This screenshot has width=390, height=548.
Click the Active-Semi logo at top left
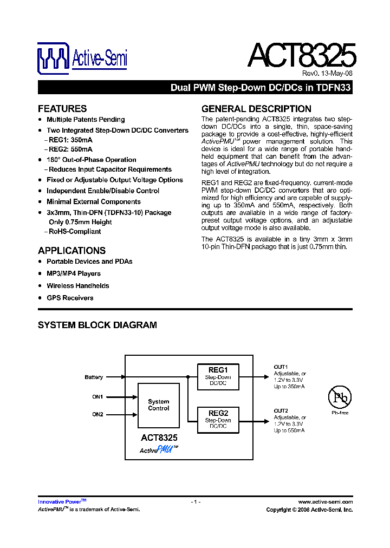tap(82, 58)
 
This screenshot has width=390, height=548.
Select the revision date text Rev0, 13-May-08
tap(327, 74)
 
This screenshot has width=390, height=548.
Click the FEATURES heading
tap(62, 108)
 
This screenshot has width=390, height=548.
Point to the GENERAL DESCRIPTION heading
tap(256, 108)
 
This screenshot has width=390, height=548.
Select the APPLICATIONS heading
tap(71, 251)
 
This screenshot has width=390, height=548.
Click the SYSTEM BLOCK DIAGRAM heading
tap(97, 325)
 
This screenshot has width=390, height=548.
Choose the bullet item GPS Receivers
tap(70, 298)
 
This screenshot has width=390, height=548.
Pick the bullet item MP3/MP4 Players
tap(74, 273)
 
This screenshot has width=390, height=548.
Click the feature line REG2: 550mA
tap(70, 149)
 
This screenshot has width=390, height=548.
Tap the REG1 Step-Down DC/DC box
tap(218, 377)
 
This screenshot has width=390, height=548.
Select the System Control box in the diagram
tap(159, 405)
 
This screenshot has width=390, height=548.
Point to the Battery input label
tap(94, 377)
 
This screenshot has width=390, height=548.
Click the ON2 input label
tap(97, 414)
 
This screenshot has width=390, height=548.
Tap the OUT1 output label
tap(281, 367)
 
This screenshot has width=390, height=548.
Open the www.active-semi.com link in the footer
tap(325, 502)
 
